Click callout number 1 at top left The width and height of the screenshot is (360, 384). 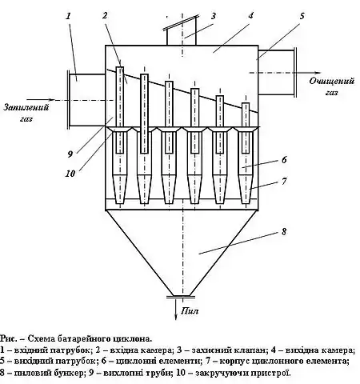[x=69, y=16]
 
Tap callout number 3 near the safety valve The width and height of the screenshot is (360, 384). [x=213, y=16]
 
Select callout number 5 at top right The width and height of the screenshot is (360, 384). [x=302, y=16]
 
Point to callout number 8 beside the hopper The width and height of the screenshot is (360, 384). [x=284, y=231]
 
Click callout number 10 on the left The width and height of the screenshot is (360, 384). [x=70, y=174]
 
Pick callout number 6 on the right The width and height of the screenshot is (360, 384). [x=284, y=160]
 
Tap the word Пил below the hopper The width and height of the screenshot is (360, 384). [x=190, y=311]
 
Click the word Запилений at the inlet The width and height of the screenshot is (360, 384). [x=26, y=107]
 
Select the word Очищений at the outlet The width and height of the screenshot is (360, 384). [x=332, y=81]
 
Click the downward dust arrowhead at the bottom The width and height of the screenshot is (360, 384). [x=176, y=317]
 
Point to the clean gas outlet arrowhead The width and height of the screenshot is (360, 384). [x=318, y=73]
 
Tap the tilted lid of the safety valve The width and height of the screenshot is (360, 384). [x=181, y=22]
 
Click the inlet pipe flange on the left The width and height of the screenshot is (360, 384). [x=69, y=99]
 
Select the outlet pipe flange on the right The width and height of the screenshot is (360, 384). [x=295, y=72]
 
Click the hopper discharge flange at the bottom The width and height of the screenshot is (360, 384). [x=181, y=296]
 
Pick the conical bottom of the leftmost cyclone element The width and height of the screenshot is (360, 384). [x=119, y=189]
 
